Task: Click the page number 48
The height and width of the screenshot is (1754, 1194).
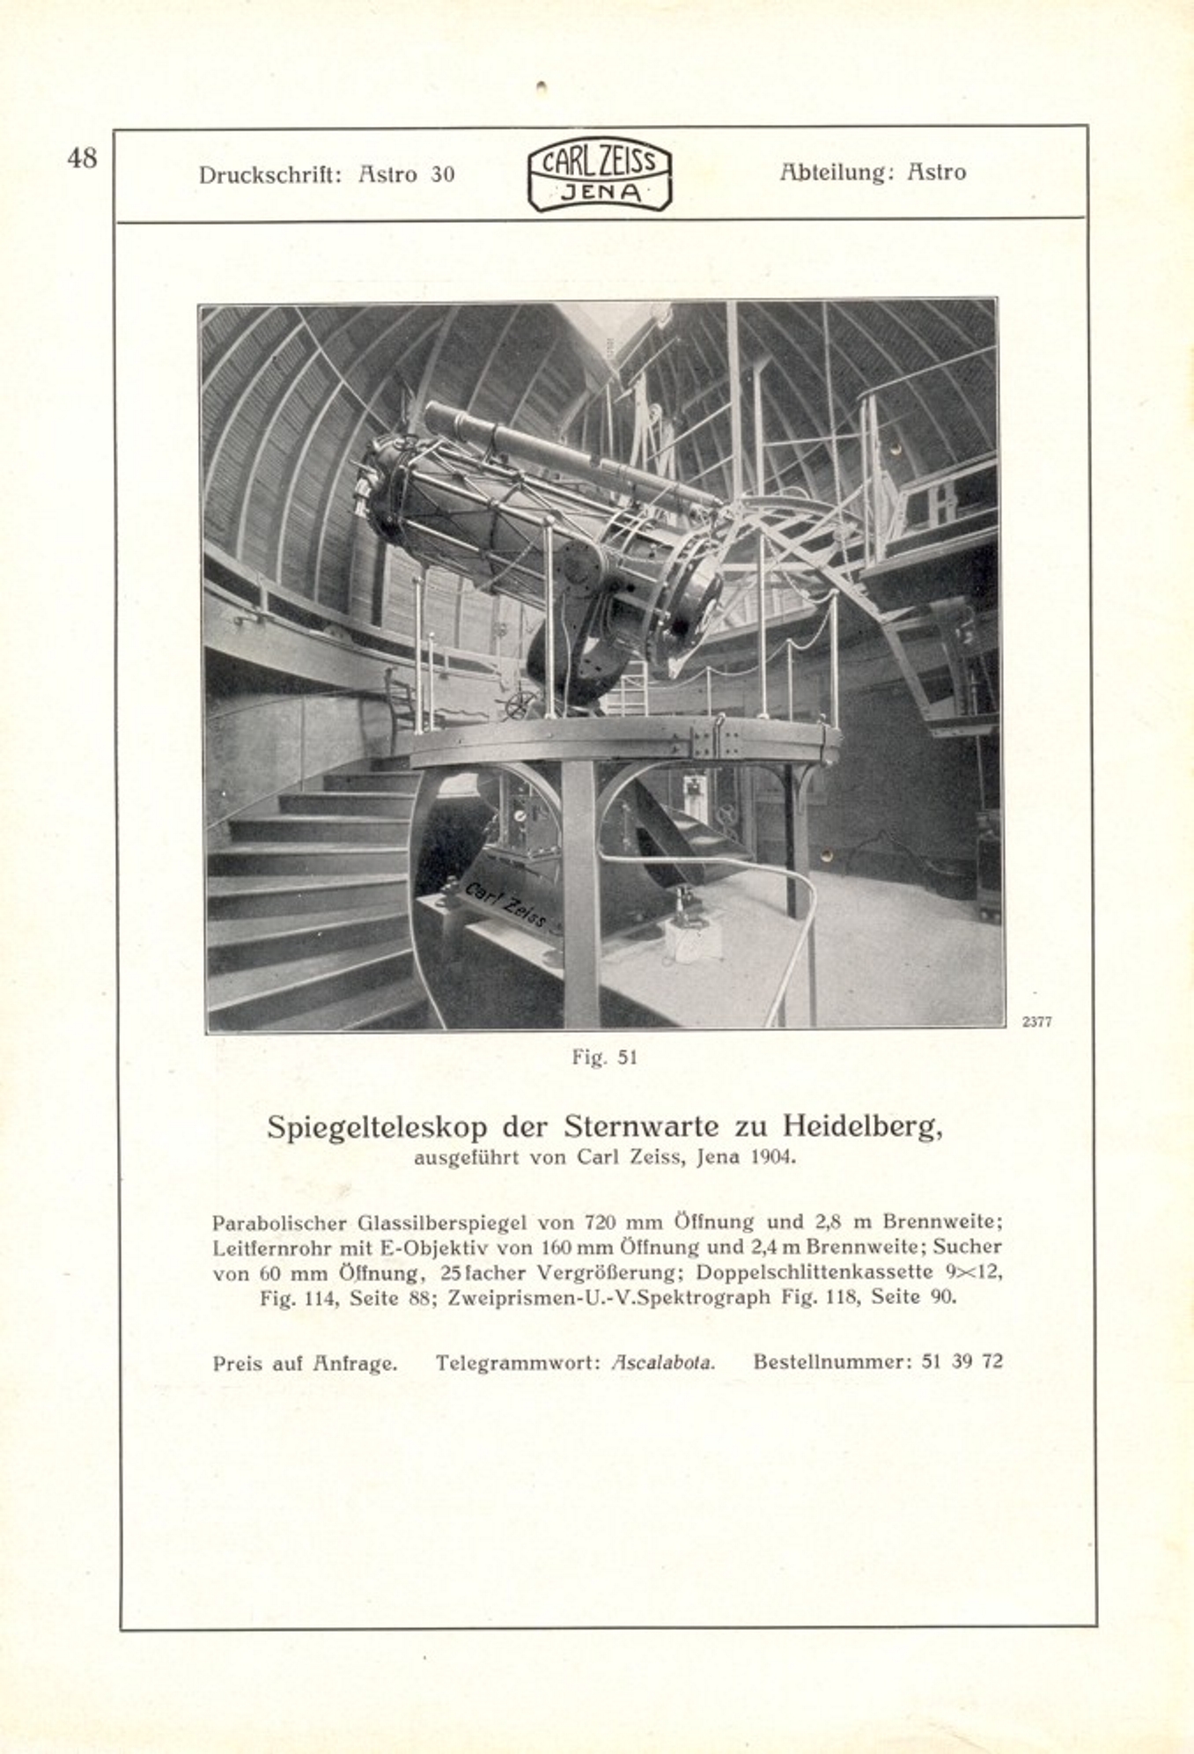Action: coord(82,158)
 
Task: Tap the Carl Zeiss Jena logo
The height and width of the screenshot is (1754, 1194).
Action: coord(599,177)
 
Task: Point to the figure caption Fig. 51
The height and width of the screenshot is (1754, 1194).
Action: coord(604,1058)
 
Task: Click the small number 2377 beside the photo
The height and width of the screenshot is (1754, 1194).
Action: coord(1036,1022)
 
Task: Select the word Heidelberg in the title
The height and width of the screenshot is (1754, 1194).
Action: coord(862,1126)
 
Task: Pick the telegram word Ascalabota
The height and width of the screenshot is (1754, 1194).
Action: coord(663,1362)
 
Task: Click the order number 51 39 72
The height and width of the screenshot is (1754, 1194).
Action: coord(962,1361)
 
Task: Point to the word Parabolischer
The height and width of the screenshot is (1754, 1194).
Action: coord(282,1223)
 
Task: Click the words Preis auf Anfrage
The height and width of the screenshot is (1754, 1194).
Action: coord(305,1363)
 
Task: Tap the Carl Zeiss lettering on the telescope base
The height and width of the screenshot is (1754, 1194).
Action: coord(505,903)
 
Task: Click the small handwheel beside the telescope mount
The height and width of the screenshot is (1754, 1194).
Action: coord(521,705)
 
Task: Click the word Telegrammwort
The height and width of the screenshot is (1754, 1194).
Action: coord(518,1362)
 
